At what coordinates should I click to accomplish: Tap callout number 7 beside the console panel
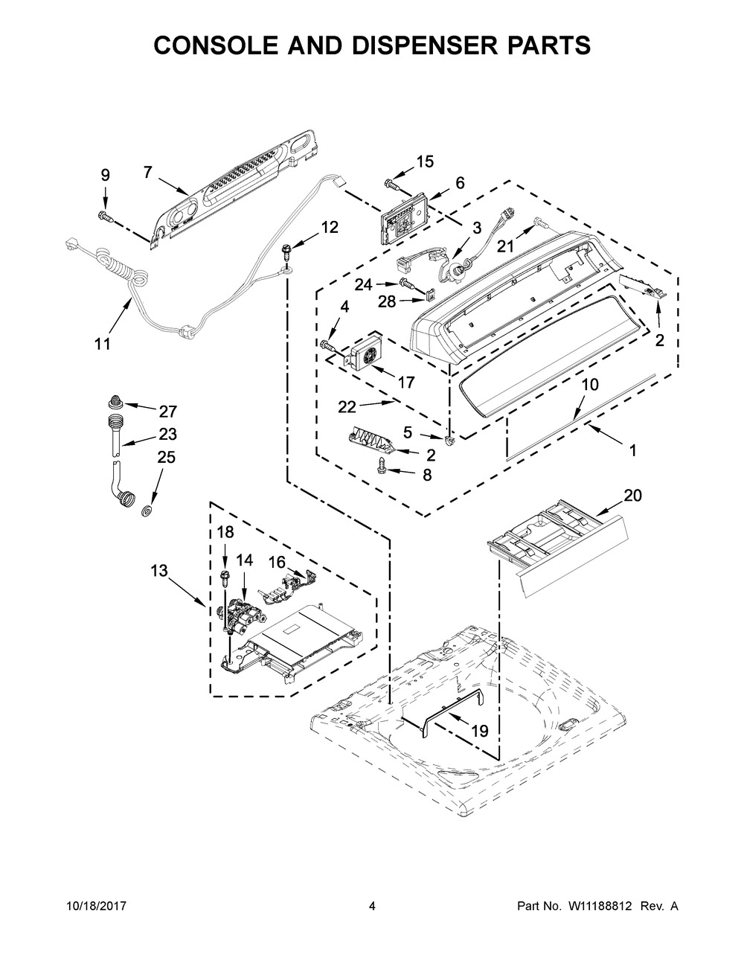(147, 172)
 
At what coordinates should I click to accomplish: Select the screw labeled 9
(106, 217)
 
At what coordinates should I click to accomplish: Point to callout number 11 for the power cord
(103, 344)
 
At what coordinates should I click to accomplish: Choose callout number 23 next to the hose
(168, 433)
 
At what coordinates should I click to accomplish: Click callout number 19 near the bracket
(480, 730)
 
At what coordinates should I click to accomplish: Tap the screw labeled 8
(381, 466)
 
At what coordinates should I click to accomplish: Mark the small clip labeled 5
(449, 440)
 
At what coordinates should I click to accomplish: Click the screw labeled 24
(408, 283)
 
